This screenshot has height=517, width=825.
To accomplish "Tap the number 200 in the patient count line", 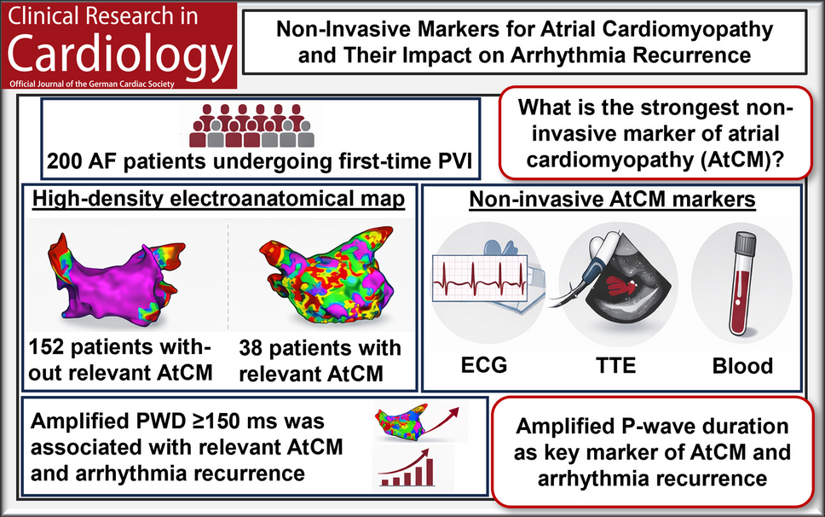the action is click(63, 161).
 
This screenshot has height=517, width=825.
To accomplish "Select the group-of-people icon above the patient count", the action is click(251, 125).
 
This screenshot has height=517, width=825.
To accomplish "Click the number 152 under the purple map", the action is click(46, 347).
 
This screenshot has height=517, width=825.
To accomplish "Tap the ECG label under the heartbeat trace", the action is click(484, 365).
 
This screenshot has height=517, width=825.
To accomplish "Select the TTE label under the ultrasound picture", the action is click(615, 365).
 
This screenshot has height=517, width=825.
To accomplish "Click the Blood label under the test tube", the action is click(742, 365).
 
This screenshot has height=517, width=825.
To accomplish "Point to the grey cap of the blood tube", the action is click(746, 242).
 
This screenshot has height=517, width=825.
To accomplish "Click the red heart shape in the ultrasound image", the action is click(621, 284).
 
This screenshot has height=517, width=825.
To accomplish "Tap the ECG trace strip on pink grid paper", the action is click(479, 278).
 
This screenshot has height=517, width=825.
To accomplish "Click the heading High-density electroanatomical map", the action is click(218, 199).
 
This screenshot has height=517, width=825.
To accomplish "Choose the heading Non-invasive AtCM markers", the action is click(613, 200).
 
